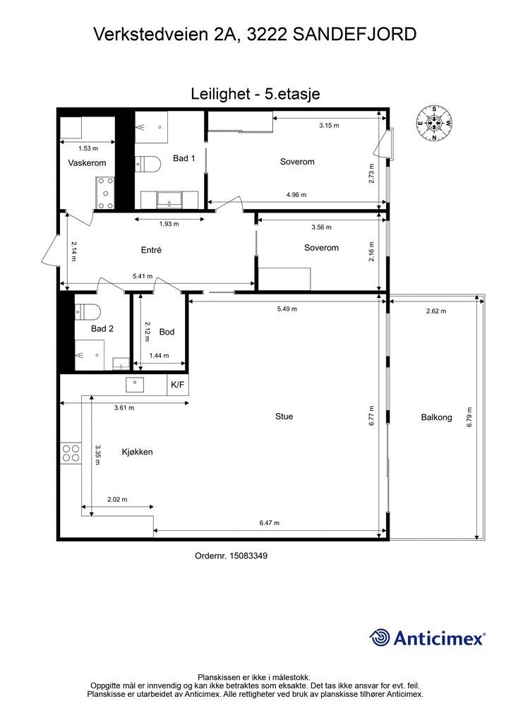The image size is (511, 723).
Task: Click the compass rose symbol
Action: point(434,123)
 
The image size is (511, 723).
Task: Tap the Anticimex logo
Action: point(427,638)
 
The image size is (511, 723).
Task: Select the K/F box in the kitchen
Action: point(177,385)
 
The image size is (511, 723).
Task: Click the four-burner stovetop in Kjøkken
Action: point(71,453)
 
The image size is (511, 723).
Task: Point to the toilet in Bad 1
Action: point(148,163)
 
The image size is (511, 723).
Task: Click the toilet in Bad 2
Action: point(88,312)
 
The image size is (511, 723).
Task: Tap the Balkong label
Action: point(436,417)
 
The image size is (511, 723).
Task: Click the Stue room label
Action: point(284,417)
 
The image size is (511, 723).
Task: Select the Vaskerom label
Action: point(87,163)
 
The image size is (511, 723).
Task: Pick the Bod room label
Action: point(167,332)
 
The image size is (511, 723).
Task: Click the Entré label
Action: point(151,250)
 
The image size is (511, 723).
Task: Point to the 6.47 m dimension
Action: point(270,523)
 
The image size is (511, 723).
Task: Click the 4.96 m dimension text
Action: point(296,195)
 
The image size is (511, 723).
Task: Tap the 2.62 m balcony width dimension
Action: point(436,311)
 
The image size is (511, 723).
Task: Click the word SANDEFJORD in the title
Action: point(354,34)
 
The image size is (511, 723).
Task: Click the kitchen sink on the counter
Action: point(135,385)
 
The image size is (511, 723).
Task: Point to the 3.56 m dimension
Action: point(322,227)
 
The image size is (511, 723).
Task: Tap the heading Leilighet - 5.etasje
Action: point(255,94)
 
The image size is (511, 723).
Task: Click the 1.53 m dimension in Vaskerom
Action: point(88,148)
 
